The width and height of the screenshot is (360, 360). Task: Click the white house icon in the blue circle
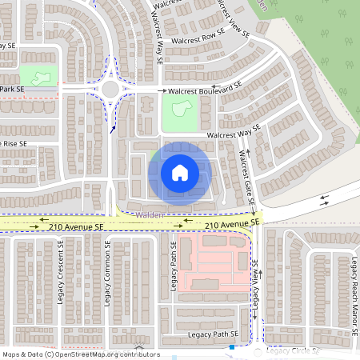pos(179,172)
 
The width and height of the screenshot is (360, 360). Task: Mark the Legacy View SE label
pos(256,285)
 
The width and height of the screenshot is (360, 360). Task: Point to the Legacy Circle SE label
pos(293,350)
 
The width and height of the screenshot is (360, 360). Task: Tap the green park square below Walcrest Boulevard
pos(180,110)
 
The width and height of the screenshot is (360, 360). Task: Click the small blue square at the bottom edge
pos(231,347)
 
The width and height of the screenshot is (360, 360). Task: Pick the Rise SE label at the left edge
pos(14,143)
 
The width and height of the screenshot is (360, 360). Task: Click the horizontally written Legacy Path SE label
pos(213,333)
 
